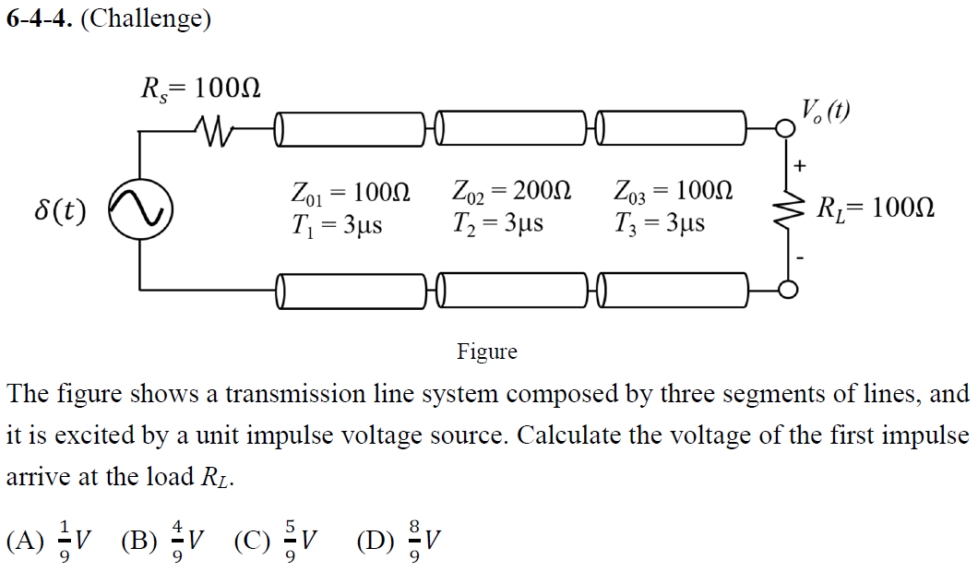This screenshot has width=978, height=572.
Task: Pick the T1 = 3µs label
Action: tap(336, 223)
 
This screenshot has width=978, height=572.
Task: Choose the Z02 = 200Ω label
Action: tap(512, 194)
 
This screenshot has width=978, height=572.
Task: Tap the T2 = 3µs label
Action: tap(497, 223)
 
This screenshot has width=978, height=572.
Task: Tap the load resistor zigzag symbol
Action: tap(788, 209)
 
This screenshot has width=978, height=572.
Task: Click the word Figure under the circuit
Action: tap(487, 352)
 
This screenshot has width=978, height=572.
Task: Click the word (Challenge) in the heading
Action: tap(146, 18)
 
